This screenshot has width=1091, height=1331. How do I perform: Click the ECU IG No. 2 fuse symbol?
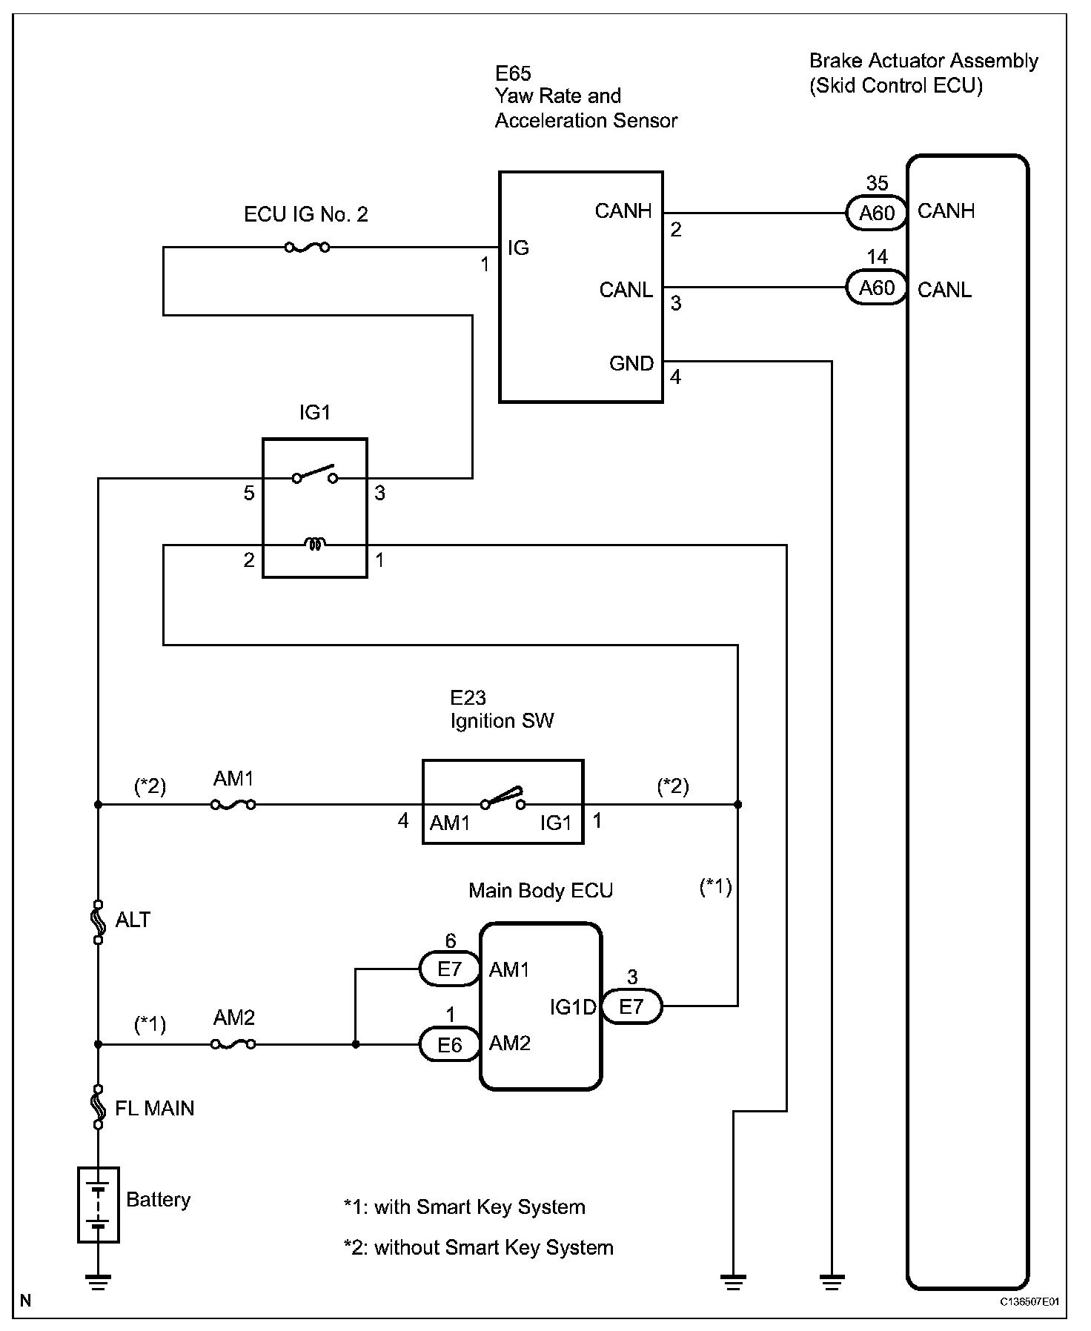point(307,247)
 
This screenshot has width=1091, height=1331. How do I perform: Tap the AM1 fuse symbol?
point(233,804)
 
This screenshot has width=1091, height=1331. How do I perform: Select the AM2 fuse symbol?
point(233,1044)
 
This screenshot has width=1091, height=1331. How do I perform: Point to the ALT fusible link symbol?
point(98,923)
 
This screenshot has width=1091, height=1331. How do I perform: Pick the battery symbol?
point(99,1204)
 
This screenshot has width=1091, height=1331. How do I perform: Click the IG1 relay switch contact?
point(315,475)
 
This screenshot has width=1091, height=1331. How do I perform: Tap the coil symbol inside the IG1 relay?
point(315,545)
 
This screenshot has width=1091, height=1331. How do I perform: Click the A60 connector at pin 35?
point(877,213)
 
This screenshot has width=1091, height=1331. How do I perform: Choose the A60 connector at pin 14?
point(877,288)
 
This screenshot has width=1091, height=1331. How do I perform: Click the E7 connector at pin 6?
point(450,969)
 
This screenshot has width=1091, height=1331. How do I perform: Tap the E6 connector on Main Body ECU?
point(450,1044)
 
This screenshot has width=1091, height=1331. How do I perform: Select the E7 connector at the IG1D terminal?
point(631,1006)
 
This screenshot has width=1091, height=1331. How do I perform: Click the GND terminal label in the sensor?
point(631,363)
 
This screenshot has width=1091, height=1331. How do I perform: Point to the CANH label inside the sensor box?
point(623,211)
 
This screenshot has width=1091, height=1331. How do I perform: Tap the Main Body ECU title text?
point(541,890)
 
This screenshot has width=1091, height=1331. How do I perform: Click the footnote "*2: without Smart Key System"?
point(479,1247)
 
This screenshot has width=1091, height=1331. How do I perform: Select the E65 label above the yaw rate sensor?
point(514,73)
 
